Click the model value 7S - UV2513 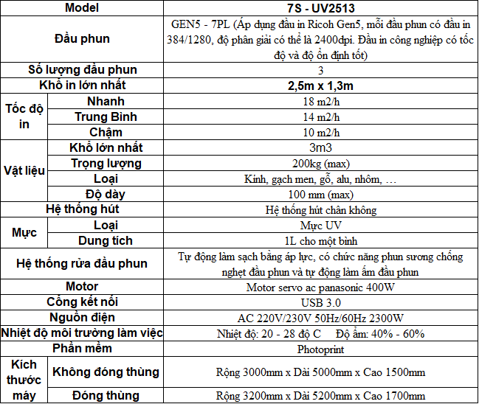tap(320, 8)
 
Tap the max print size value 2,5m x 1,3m tap(320, 86)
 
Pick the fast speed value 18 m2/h tap(320, 101)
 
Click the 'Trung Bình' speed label tap(106, 116)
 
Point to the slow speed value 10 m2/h tap(320, 132)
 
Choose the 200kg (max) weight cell tap(320, 163)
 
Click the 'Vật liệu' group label tap(24, 170)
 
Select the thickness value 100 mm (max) tap(320, 194)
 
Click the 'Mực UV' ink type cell tap(320, 225)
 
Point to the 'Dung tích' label tap(106, 240)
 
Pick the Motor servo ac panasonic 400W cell tap(320, 287)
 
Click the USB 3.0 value tap(320, 302)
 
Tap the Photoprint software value tap(320, 349)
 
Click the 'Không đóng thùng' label tap(106, 372)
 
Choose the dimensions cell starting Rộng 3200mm tap(320, 396)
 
